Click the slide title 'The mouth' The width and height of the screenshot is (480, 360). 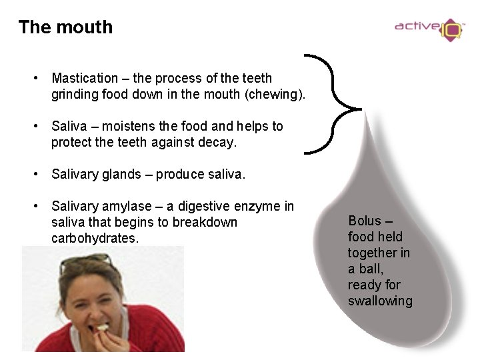pos(65,27)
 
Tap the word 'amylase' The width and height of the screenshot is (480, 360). pos(130,207)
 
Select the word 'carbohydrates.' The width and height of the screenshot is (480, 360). pos(95,238)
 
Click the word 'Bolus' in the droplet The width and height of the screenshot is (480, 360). pos(365,221)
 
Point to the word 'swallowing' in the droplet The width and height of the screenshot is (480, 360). pos(380,301)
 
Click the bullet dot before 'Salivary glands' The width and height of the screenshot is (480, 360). pos(37,175)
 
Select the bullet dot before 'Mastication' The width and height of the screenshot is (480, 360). pos(37,79)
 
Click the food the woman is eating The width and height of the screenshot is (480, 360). pos(101,327)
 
